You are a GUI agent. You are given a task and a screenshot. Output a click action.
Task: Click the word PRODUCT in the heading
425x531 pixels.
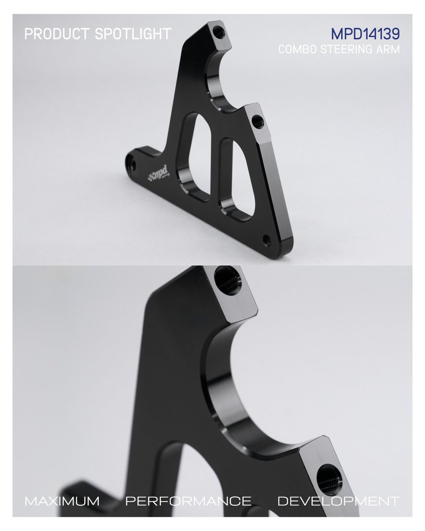[x=57, y=34]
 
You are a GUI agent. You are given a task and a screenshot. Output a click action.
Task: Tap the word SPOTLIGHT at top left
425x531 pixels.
[x=133, y=34]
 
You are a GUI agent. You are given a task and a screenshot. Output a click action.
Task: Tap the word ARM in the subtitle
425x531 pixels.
[x=387, y=49]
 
